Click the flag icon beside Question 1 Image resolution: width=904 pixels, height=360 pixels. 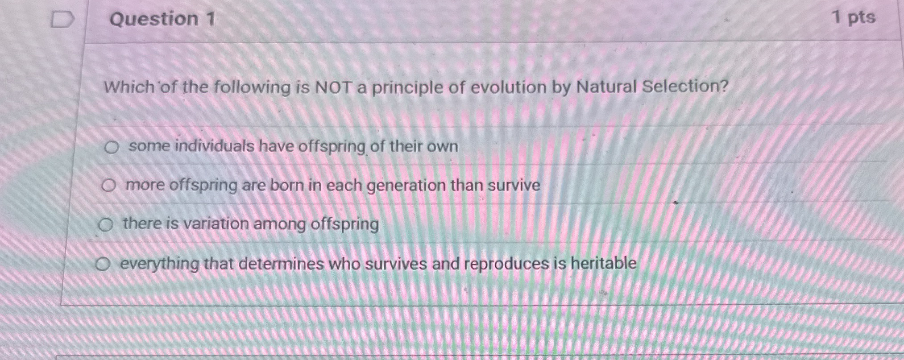pyautogui.click(x=62, y=20)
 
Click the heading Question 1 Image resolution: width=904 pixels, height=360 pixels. pyautogui.click(x=162, y=19)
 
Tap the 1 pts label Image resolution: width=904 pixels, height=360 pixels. pyautogui.click(x=854, y=18)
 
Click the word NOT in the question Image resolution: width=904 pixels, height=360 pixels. pyautogui.click(x=333, y=87)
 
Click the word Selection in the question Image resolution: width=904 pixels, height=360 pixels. pyautogui.click(x=684, y=86)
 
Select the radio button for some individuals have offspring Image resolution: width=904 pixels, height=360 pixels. pyautogui.click(x=111, y=147)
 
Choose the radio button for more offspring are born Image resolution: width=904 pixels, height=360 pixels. pyautogui.click(x=108, y=186)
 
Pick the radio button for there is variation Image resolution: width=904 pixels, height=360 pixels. pyautogui.click(x=106, y=225)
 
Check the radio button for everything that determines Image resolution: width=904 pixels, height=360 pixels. pyautogui.click(x=103, y=265)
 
